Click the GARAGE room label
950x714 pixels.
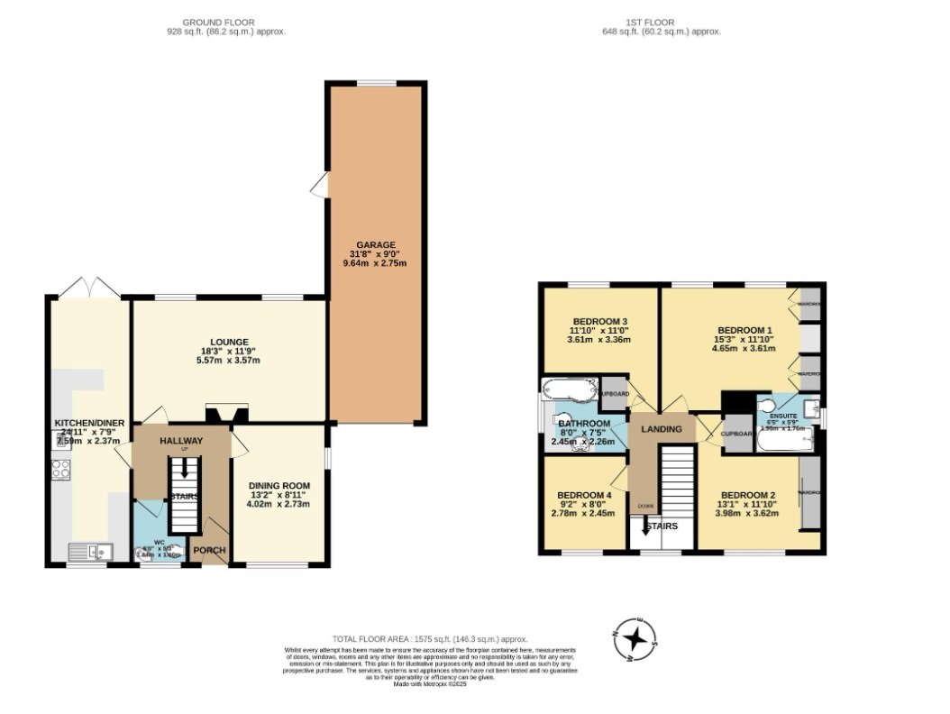(375, 244)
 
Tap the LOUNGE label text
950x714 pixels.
(230, 342)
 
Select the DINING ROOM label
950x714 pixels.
(279, 485)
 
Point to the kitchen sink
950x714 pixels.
(89, 551)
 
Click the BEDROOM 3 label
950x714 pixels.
(599, 322)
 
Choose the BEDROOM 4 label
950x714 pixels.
(584, 495)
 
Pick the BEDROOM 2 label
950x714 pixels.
(748, 495)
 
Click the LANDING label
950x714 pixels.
(661, 430)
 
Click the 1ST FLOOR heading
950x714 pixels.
(662, 22)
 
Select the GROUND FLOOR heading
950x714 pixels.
(218, 22)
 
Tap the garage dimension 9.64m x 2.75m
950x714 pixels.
(375, 264)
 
